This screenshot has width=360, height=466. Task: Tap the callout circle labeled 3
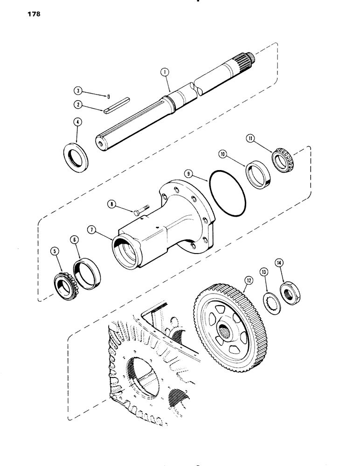pos(77,90)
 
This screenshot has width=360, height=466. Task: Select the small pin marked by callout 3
pos(108,97)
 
